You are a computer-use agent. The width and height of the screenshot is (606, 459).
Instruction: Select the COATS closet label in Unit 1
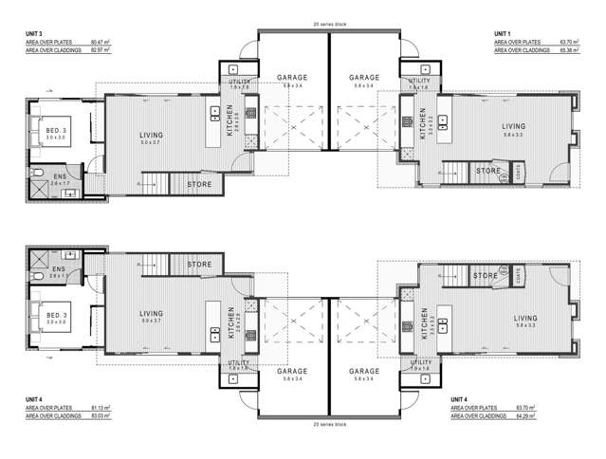coord(520,171)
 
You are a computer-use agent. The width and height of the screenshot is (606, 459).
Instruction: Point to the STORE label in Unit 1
coord(487,172)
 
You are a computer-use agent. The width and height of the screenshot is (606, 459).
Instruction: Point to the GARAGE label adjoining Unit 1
coord(364,78)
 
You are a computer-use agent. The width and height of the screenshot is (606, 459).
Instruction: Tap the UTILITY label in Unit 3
coord(239,83)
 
